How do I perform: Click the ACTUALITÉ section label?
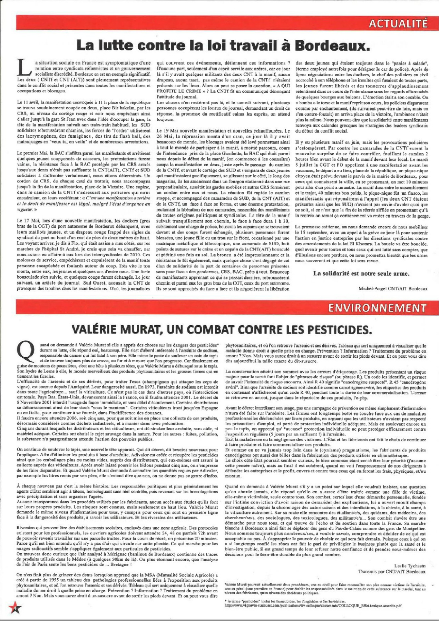click(x=398, y=23)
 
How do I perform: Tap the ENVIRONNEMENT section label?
click(x=377, y=308)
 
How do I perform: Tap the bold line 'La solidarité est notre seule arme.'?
click(x=361, y=274)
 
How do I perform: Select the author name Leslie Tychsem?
click(x=410, y=566)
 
